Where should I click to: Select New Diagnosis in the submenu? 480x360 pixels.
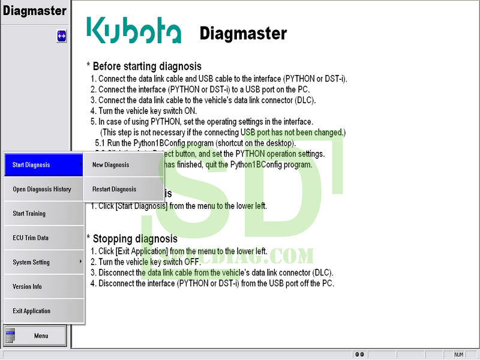pos(123,164)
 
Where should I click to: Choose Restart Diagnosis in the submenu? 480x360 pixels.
pos(123,189)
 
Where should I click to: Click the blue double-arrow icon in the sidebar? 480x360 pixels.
pos(61,37)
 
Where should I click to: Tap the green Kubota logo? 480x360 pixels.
pos(133,30)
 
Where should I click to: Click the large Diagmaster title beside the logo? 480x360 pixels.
pos(243,33)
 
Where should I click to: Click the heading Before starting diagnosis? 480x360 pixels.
pos(144,66)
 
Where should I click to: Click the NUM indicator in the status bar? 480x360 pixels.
pos(459,355)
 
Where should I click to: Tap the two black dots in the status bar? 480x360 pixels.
pos(359,355)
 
